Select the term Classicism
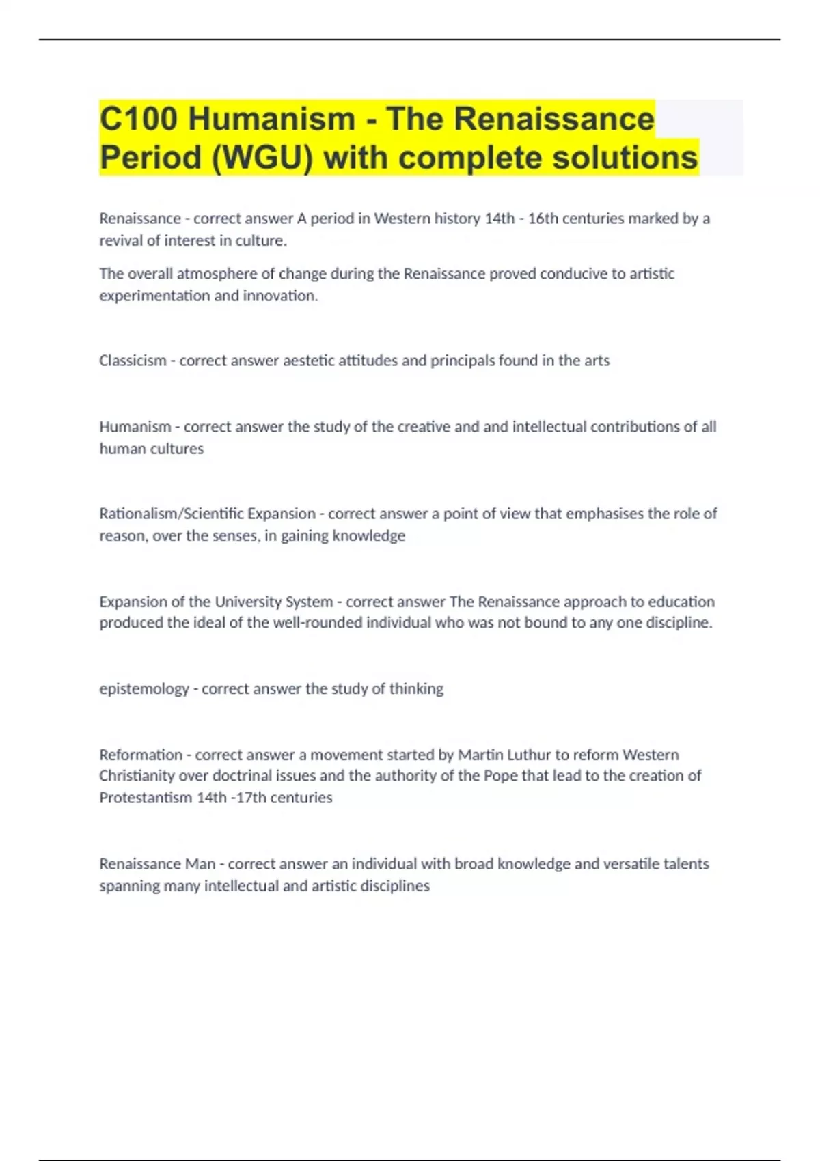(x=133, y=361)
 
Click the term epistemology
(x=144, y=689)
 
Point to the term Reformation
(x=141, y=755)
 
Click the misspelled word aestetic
(x=308, y=361)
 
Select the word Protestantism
(x=146, y=798)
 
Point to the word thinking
(x=416, y=689)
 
